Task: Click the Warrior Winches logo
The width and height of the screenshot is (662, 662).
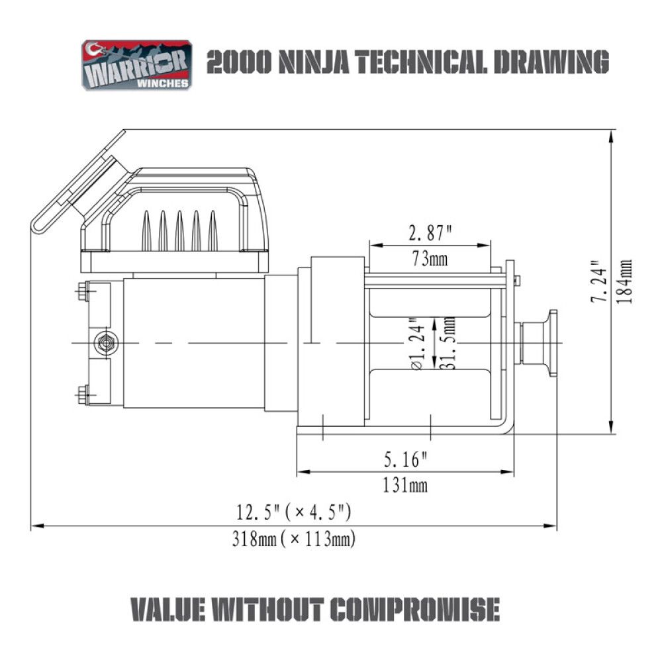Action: [x=136, y=65]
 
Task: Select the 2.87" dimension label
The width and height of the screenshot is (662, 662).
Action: [x=430, y=233]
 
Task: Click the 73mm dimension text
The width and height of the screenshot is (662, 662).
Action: [x=430, y=258]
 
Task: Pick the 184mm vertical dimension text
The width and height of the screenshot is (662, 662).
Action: [x=624, y=281]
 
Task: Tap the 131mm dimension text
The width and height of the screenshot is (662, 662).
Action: [x=405, y=485]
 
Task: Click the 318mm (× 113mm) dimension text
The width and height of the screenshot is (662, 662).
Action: [x=293, y=540]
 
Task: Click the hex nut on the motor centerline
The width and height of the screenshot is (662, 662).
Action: [x=105, y=343]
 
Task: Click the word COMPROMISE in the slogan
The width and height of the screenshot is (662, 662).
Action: [x=413, y=609]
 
